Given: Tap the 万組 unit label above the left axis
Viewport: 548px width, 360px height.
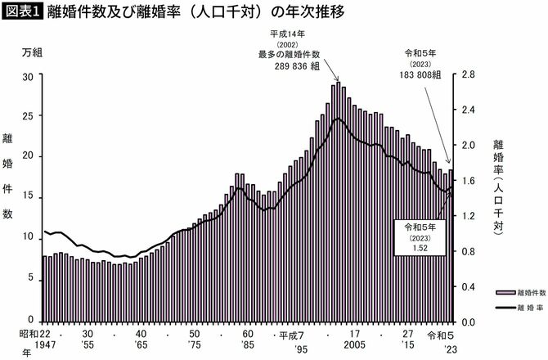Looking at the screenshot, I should tap(32, 52).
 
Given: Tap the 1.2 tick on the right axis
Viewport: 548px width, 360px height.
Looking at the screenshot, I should tap(467, 215).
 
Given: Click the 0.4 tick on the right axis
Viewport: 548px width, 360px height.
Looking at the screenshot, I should tap(467, 286).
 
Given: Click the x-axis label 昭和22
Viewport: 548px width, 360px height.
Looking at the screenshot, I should tap(32, 335).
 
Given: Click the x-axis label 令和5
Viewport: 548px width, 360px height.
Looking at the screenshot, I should tap(442, 335).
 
